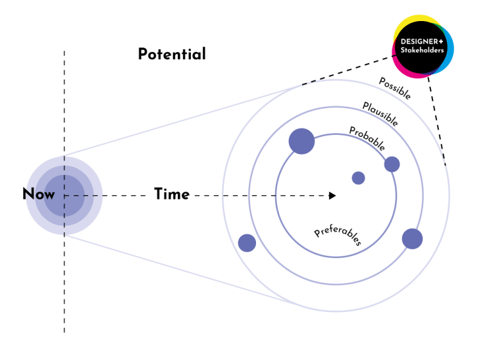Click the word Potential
[x=171, y=54]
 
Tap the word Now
[x=39, y=194]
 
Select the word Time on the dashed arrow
[x=172, y=194]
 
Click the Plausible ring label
[x=380, y=114]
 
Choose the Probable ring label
[x=367, y=138]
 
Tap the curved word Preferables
[x=338, y=236]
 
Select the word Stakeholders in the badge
[x=423, y=51]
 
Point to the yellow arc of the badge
[x=415, y=19]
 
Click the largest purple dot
[x=301, y=141]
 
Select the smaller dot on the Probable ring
[x=392, y=164]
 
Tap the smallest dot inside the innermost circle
[x=358, y=178]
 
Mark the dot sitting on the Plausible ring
[x=412, y=238]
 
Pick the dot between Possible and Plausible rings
[x=247, y=243]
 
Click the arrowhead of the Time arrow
[x=333, y=195]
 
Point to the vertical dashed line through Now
[x=64, y=276]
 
